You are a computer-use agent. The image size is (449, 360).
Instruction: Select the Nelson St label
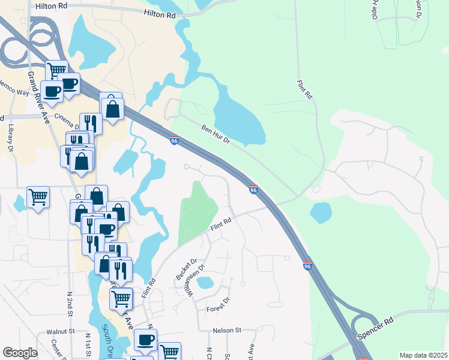click(x=226, y=330)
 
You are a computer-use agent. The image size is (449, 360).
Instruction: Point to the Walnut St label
click(x=59, y=331)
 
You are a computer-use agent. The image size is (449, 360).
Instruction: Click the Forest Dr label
click(x=218, y=305)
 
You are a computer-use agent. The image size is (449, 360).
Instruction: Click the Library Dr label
click(x=11, y=138)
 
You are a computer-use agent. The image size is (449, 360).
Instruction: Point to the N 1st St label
click(x=88, y=344)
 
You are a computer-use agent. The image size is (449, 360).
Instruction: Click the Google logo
click(x=20, y=352)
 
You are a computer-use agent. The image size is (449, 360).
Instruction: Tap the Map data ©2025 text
click(x=423, y=355)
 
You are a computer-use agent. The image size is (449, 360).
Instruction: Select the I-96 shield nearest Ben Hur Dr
click(x=174, y=140)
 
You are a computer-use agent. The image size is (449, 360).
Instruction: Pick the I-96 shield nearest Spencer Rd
click(x=307, y=266)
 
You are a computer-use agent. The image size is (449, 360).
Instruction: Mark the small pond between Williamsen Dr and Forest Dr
click(x=205, y=282)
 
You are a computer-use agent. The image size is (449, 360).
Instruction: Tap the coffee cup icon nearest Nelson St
click(x=145, y=340)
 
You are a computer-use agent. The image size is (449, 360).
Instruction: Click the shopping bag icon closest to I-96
click(x=112, y=109)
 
